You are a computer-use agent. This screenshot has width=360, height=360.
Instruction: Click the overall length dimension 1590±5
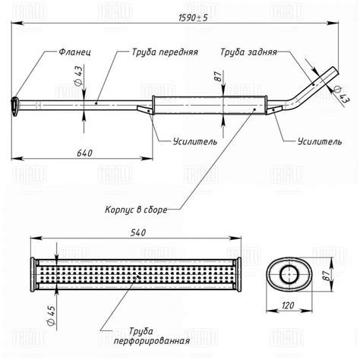(x=193, y=18)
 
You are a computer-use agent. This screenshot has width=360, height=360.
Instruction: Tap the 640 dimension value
(x=84, y=153)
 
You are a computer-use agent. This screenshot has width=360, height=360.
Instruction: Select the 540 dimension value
(x=138, y=232)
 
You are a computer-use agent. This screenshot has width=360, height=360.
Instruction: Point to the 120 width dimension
(x=288, y=305)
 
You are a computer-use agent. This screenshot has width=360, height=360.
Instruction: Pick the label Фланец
(x=74, y=52)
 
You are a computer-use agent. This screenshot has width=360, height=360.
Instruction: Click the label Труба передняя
(x=165, y=52)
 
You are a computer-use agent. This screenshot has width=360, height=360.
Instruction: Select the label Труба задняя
(x=248, y=52)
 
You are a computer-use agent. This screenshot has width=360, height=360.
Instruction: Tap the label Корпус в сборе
(x=136, y=210)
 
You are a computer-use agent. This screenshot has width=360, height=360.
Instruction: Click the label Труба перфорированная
(x=152, y=336)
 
